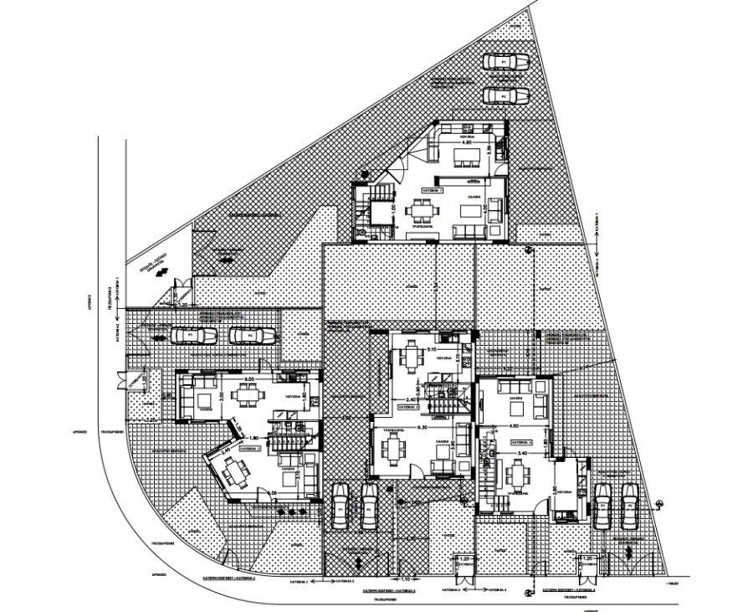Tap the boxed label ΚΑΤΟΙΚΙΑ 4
520,440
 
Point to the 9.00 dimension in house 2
249,378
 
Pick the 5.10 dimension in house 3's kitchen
432,349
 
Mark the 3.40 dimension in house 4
523,452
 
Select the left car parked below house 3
341,505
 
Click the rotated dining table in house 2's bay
234,471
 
